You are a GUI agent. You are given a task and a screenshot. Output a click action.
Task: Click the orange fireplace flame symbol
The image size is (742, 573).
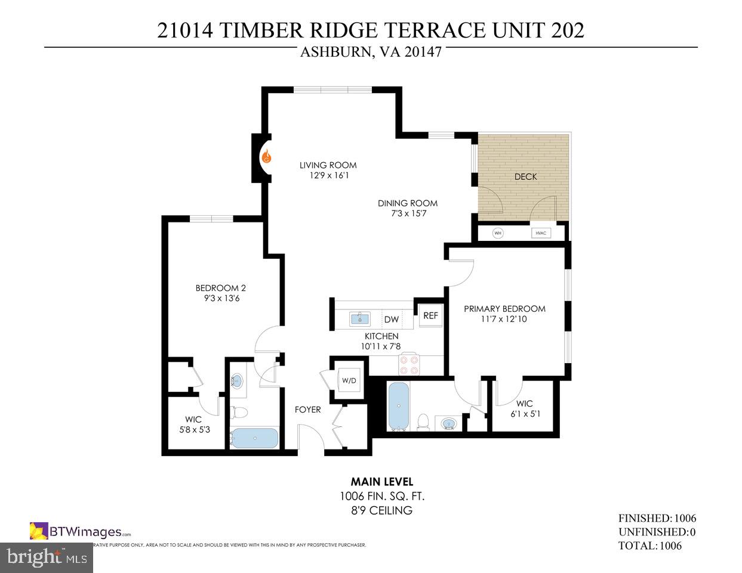[267, 157]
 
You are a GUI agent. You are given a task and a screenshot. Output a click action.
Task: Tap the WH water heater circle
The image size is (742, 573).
[498, 233]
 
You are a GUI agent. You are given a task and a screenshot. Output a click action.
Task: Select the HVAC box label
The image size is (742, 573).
[541, 233]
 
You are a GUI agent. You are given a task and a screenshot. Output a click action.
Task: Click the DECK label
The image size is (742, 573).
[525, 176]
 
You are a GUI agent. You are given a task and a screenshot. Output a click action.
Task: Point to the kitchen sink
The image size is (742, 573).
[359, 319]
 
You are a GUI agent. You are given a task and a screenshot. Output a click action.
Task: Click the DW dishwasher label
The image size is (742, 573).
[391, 320]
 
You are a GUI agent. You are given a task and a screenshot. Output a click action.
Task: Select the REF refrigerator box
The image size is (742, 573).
[430, 316]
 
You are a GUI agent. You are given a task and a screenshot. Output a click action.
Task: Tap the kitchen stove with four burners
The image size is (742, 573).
[410, 364]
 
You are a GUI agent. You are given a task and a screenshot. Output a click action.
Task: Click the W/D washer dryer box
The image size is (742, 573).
[349, 380]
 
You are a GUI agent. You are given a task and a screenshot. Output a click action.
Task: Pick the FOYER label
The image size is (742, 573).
[307, 410]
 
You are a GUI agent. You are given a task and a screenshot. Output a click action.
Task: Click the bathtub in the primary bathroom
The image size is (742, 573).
[398, 406]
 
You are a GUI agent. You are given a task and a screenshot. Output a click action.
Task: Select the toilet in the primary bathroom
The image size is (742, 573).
[424, 422]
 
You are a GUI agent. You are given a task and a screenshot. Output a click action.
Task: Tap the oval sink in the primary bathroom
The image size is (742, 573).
[447, 424]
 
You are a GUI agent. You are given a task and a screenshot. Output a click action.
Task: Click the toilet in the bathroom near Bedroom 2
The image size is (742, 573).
[239, 412]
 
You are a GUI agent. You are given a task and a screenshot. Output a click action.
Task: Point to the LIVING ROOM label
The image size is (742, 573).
[328, 165]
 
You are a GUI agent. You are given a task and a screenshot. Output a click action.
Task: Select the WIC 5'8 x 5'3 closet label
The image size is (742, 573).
[193, 424]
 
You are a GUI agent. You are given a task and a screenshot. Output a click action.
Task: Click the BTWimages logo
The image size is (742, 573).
[80, 531]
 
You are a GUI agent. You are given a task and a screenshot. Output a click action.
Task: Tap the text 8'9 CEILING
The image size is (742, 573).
[382, 510]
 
